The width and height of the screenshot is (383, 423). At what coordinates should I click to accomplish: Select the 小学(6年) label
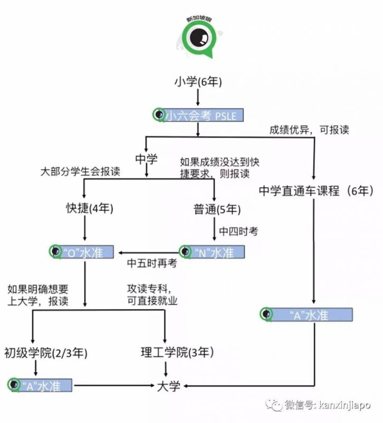198,82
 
